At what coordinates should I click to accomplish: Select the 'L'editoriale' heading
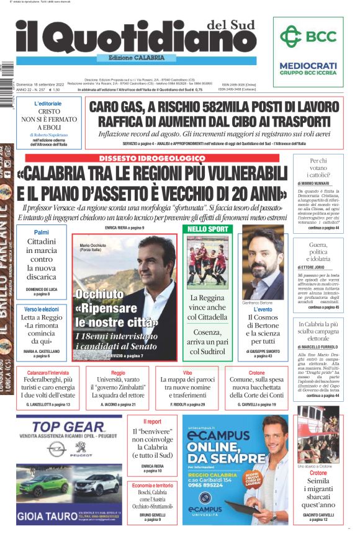[48, 104]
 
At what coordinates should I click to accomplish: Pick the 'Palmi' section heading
[42, 232]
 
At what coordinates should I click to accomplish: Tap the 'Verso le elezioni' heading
[42, 309]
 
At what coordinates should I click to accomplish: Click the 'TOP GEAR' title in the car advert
[68, 427]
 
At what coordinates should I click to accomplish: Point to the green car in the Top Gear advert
[43, 484]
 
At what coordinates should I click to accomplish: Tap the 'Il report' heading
[146, 421]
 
